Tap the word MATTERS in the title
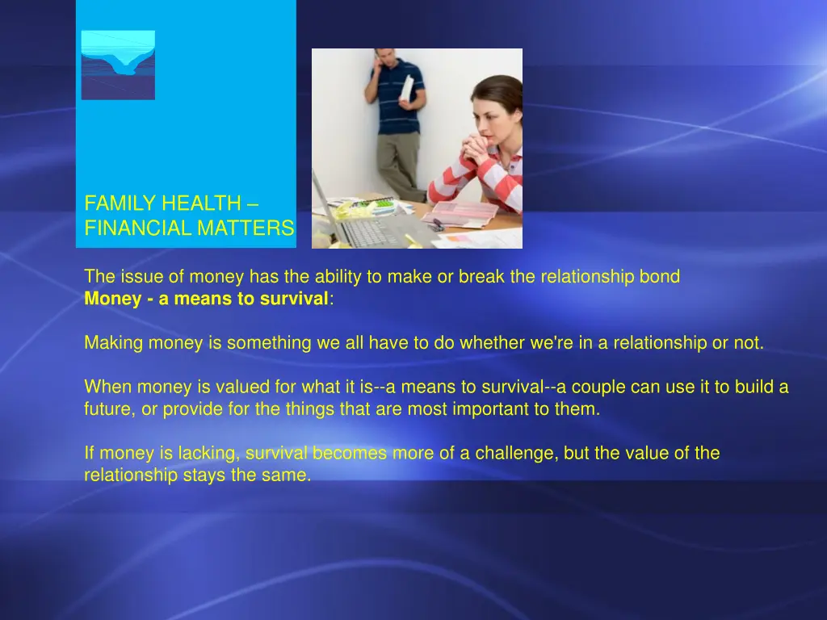pyautogui.click(x=246, y=229)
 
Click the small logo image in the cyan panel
pyautogui.click(x=118, y=65)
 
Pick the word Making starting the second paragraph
pyautogui.click(x=113, y=343)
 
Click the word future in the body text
pyautogui.click(x=109, y=409)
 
